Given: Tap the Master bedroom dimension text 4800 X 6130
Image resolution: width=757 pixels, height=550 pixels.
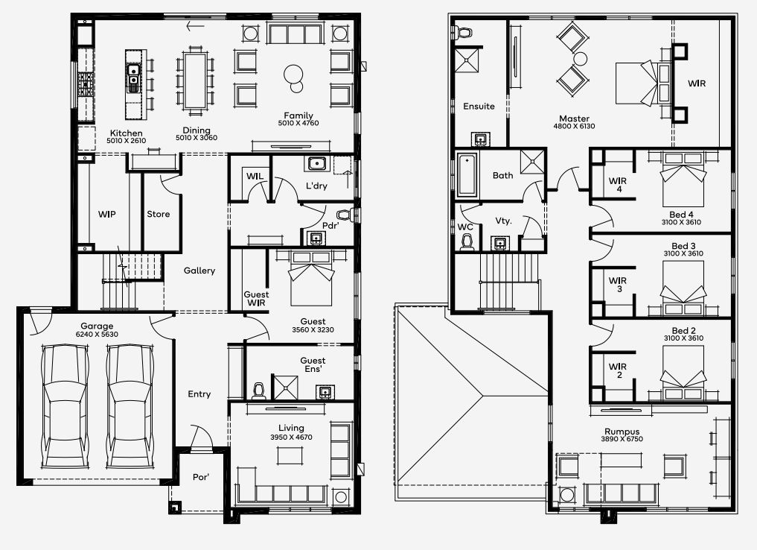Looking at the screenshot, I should pyautogui.click(x=574, y=127).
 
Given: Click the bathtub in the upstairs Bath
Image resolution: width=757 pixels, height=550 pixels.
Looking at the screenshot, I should pyautogui.click(x=467, y=176).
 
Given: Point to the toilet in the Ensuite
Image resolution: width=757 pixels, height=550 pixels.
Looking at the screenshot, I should pyautogui.click(x=464, y=33).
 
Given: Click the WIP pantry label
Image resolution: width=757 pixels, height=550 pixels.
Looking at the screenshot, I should pyautogui.click(x=107, y=214).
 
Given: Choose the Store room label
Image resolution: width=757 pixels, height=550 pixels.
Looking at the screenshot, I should pyautogui.click(x=158, y=214).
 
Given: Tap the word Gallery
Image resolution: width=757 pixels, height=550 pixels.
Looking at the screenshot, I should pyautogui.click(x=199, y=271).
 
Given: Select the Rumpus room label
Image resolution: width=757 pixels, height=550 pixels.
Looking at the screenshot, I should pyautogui.click(x=622, y=432).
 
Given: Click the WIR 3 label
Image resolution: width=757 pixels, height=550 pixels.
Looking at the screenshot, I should pyautogui.click(x=617, y=285).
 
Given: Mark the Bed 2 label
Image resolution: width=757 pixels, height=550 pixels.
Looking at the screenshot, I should pyautogui.click(x=683, y=330).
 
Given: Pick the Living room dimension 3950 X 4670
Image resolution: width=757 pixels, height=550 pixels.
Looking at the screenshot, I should pyautogui.click(x=291, y=437).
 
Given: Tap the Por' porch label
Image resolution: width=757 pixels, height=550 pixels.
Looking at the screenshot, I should pyautogui.click(x=200, y=477).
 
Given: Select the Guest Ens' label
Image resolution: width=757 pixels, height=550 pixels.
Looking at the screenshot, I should pyautogui.click(x=313, y=364).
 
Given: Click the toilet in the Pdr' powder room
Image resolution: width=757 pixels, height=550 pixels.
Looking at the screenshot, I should pyautogui.click(x=353, y=215).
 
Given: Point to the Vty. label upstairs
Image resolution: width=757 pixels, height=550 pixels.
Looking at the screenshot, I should pyautogui.click(x=503, y=221).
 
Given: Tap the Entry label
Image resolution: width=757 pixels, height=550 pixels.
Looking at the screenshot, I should pyautogui.click(x=199, y=394).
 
